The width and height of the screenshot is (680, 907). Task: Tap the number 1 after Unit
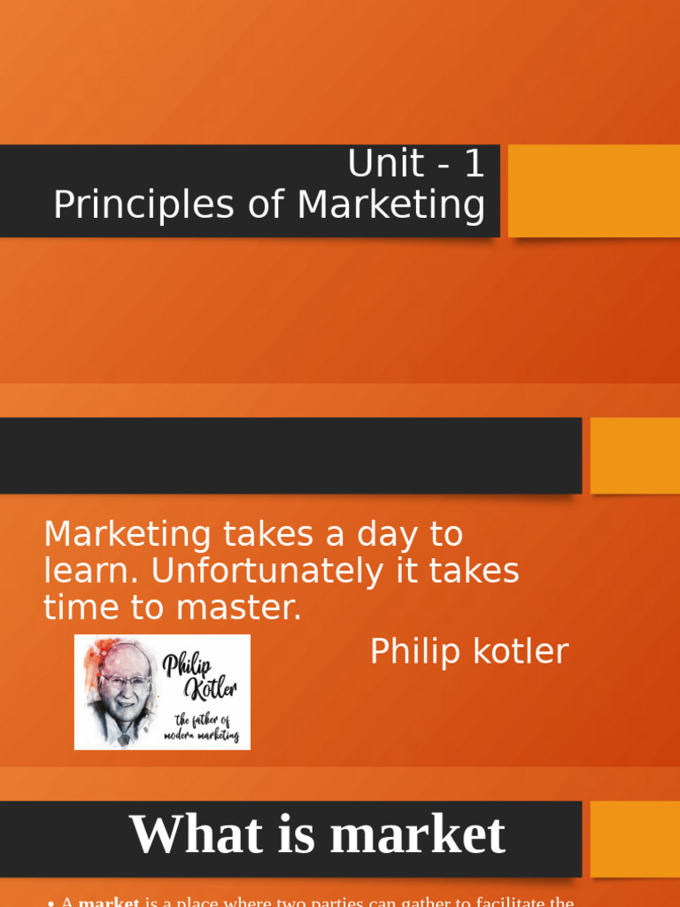[474, 164]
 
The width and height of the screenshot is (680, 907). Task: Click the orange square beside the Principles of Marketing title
[594, 190]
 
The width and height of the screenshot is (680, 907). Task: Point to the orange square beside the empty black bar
[635, 455]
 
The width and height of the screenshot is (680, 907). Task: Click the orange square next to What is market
[635, 839]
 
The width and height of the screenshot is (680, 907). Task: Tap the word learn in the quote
[89, 571]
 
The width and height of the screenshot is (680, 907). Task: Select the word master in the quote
[239, 608]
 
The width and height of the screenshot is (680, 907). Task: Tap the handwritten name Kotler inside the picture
[209, 689]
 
